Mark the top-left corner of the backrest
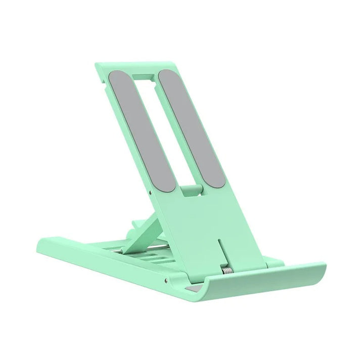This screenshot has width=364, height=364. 97,66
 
